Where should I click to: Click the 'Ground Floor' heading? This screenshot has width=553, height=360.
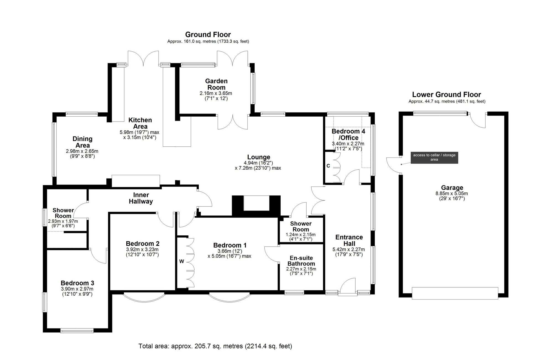click(x=208, y=35)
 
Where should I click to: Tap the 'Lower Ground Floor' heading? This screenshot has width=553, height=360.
click(x=447, y=94)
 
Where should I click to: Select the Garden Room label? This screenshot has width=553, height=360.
click(x=216, y=84)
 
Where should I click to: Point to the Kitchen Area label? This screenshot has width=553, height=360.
click(x=140, y=123)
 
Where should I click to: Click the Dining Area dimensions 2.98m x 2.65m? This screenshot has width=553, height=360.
click(x=82, y=151)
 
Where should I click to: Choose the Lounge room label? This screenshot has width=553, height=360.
click(x=259, y=157)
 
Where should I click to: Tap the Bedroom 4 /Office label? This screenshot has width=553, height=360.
click(x=348, y=135)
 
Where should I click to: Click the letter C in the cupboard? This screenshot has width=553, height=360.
click(x=328, y=166)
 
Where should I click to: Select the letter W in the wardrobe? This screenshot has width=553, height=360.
click(x=182, y=261)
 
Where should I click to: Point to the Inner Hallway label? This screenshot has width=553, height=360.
click(x=141, y=198)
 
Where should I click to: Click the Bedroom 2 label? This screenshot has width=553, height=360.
click(x=143, y=244)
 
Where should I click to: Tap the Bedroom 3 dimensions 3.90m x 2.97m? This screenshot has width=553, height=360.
click(x=77, y=289)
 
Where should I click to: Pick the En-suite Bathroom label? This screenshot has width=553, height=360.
click(x=301, y=261)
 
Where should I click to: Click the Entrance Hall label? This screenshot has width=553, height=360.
click(x=349, y=240)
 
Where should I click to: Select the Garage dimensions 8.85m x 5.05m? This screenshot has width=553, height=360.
click(x=452, y=194)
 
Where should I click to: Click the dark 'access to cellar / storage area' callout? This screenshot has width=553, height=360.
click(x=434, y=157)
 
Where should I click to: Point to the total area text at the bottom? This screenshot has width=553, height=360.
click(x=215, y=346)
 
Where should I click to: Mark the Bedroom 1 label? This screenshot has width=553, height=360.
click(x=230, y=245)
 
